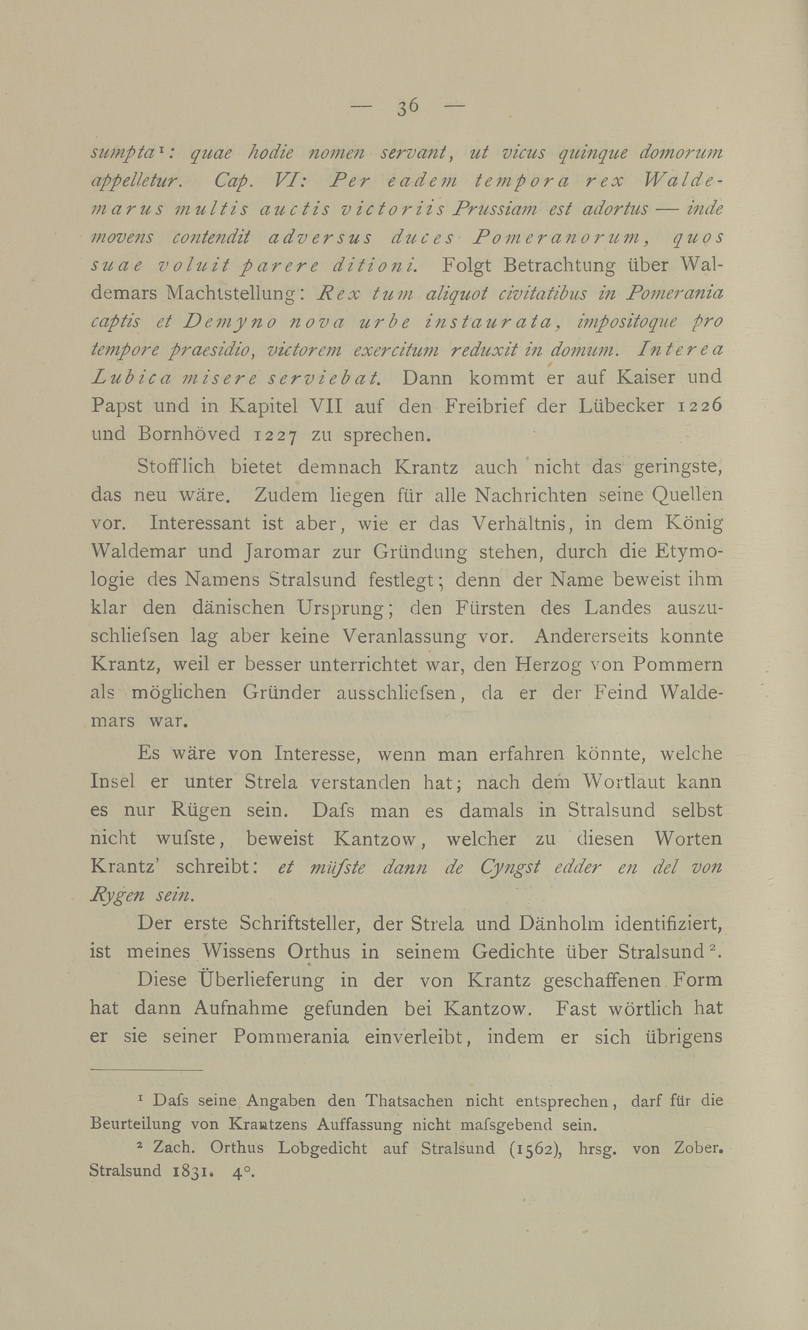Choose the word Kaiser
tap(646, 377)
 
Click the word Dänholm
tap(561, 924)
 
